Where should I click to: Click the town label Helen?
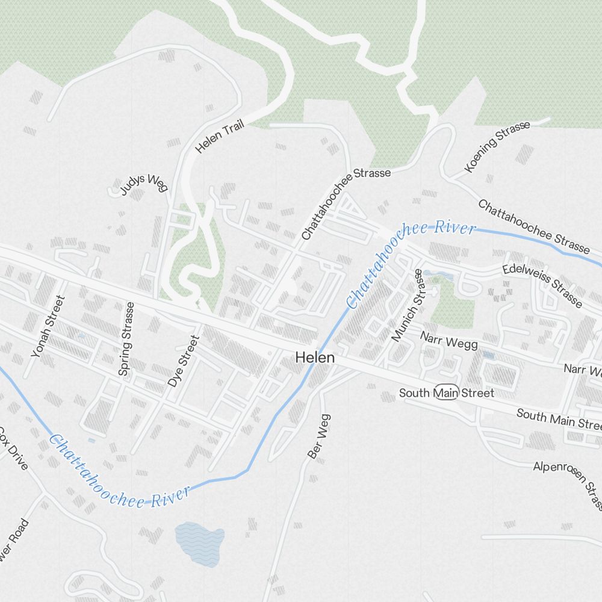(314, 358)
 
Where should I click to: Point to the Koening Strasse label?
(497, 146)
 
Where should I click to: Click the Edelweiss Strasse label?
(543, 285)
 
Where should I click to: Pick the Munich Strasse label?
(408, 306)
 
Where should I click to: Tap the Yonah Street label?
(48, 327)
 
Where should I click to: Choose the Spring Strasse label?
(126, 340)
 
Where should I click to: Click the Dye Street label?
(183, 361)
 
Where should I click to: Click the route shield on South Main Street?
(447, 393)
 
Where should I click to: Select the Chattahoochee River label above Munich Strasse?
(411, 261)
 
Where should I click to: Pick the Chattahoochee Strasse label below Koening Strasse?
(533, 226)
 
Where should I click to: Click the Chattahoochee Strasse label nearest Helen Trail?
(346, 204)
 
